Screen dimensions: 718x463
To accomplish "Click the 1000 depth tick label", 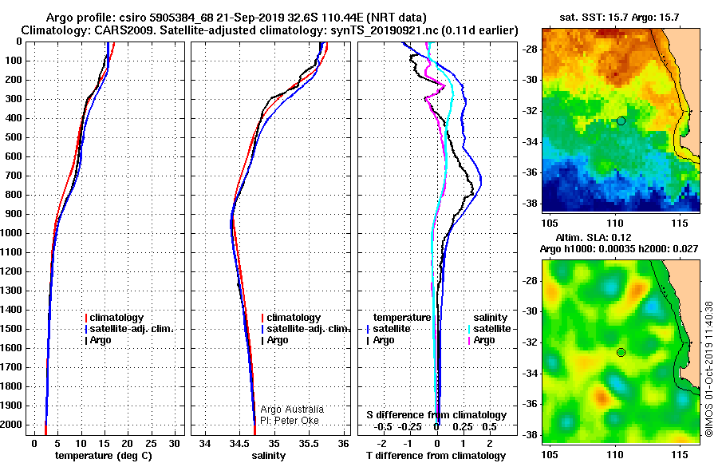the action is pos(12,233).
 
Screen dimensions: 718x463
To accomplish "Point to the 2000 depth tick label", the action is pos(12,425).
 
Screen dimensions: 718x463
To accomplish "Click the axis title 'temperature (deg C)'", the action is pos(104,456).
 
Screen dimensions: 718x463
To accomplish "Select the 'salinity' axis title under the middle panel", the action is pos(269,456).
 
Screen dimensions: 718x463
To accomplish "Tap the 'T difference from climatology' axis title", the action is pos(436,456).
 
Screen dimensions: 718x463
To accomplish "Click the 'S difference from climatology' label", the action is pos(436,415).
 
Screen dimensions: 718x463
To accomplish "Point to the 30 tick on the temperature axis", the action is pos(174,444).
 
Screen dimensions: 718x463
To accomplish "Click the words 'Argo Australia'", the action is pos(292,410).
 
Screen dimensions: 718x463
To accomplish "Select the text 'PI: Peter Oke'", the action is pos(290,421).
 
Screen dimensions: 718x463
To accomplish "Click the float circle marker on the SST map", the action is pos(621,121).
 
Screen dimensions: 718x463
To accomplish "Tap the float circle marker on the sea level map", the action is pos(621,353).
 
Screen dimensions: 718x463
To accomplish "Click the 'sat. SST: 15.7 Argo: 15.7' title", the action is pos(619,18).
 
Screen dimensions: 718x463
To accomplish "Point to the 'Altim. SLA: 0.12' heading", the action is pos(594,237).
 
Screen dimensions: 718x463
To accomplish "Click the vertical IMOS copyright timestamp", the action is pos(709,369).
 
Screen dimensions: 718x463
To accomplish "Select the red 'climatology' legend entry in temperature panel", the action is pos(114,318).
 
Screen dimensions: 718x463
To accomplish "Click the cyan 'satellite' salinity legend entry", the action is pos(489,329).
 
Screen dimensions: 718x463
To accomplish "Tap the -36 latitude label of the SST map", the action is pos(530,172).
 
